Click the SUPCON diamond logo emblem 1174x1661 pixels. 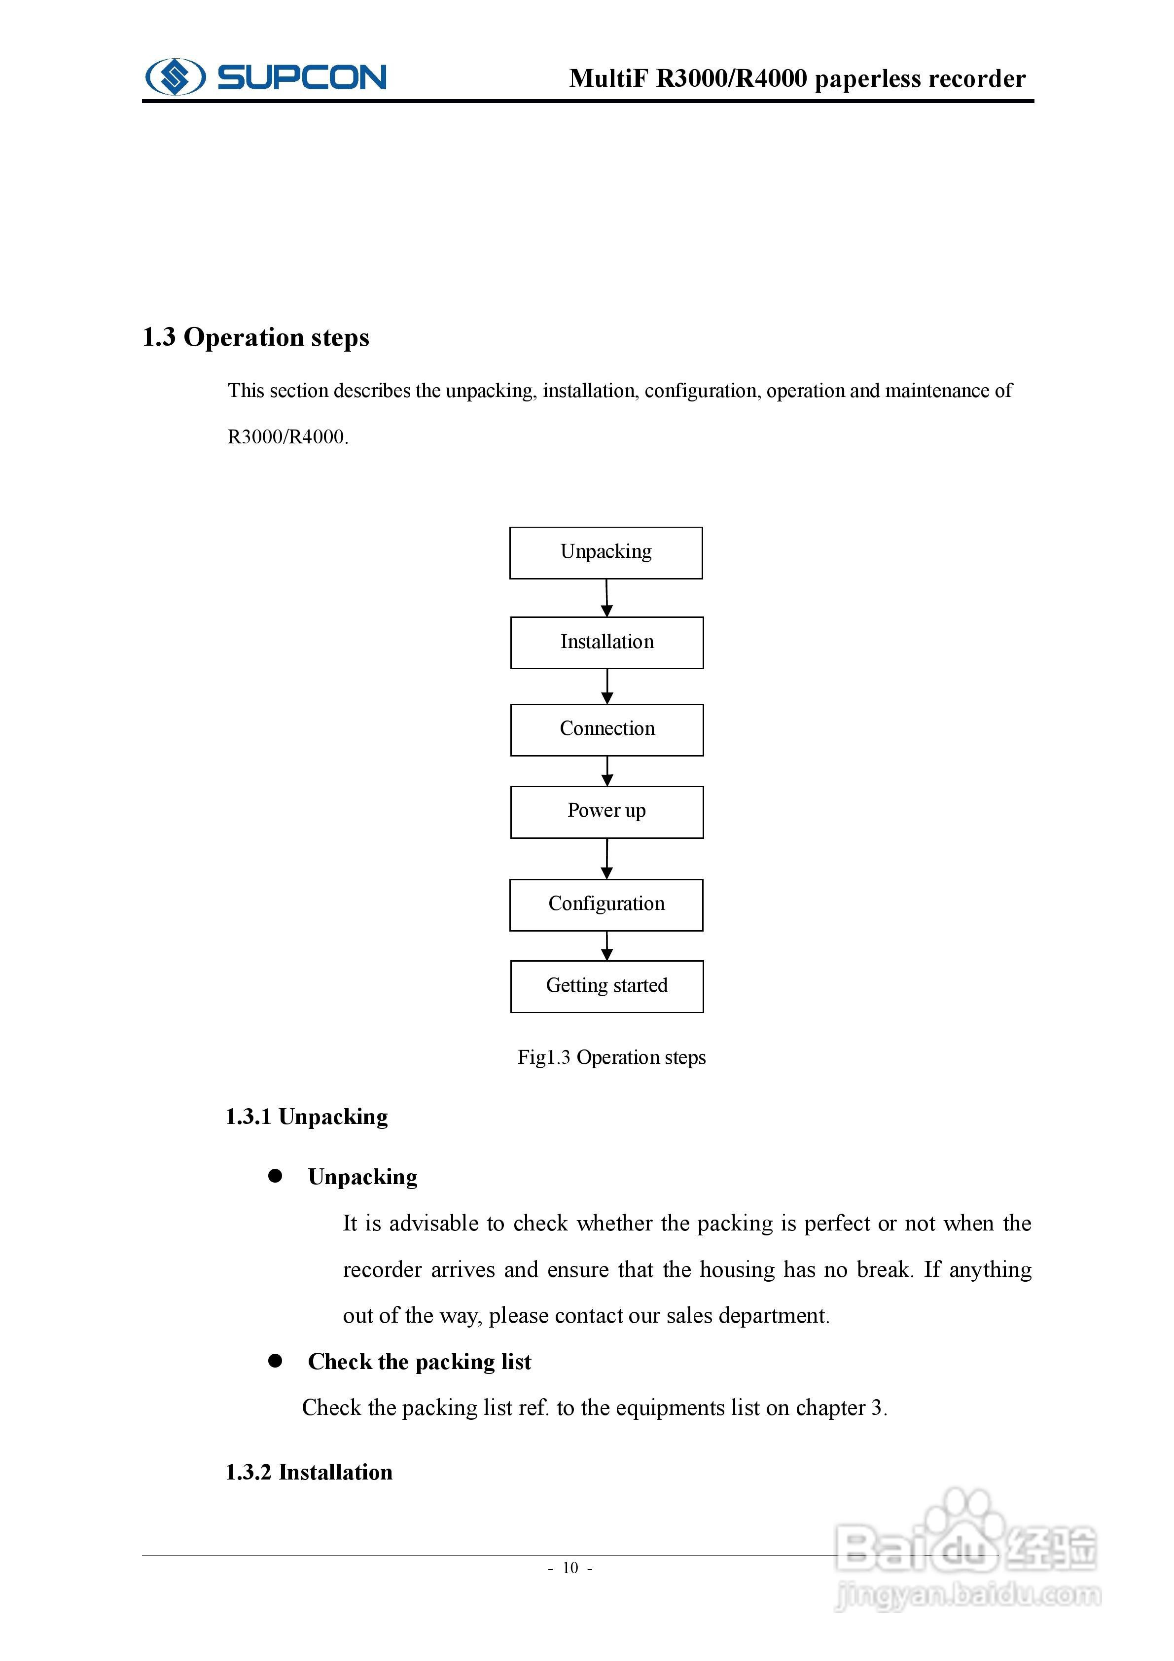175,76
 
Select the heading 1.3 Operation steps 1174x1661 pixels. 255,337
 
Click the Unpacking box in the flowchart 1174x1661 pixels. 605,553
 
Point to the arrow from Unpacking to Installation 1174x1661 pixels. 607,598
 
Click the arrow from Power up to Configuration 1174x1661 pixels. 607,859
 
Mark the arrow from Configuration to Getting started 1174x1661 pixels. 607,945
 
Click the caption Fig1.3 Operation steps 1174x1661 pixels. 611,1058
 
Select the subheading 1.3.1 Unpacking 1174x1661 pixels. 307,1117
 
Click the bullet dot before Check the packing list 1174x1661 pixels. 275,1361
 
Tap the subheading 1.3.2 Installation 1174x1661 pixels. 309,1472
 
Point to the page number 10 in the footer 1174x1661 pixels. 570,1568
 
